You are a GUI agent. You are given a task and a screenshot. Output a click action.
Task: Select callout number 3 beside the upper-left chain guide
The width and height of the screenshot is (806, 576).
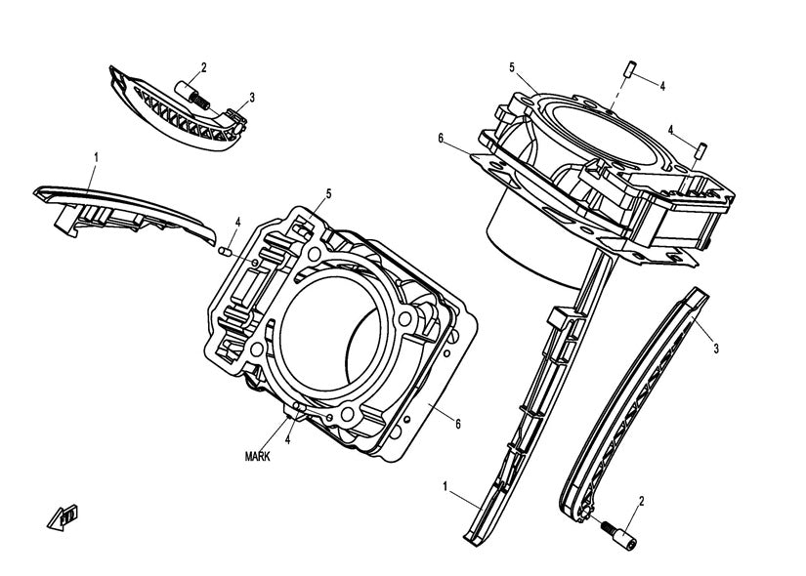[x=251, y=97]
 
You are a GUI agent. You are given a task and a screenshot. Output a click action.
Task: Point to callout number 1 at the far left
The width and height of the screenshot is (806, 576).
[x=96, y=156]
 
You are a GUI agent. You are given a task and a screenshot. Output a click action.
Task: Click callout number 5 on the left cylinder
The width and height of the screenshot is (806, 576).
[x=328, y=193]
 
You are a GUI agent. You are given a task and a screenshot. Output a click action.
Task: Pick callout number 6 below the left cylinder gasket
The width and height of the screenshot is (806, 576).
[x=455, y=422]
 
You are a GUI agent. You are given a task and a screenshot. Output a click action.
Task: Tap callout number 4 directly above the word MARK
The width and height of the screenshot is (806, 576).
[x=288, y=439]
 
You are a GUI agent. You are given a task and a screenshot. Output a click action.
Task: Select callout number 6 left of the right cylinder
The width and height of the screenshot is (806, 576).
[x=441, y=140]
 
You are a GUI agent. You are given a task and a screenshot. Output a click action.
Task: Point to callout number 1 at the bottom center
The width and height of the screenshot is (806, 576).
[x=446, y=485]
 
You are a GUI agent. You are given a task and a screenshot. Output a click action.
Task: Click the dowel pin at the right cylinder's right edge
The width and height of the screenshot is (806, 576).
[x=701, y=149]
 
